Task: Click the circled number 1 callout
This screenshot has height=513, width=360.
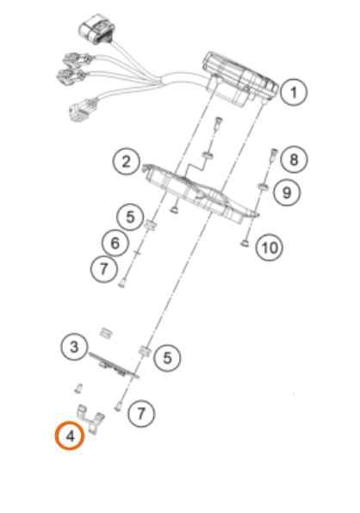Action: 294,92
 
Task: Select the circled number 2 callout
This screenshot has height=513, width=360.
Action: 127,162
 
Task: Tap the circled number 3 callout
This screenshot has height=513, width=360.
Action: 74,347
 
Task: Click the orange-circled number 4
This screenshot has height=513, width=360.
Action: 70,436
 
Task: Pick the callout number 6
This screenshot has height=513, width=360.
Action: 115,244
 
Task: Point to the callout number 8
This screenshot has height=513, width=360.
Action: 294,159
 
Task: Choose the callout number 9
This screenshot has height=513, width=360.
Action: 287,192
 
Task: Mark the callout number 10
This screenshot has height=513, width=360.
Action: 270,248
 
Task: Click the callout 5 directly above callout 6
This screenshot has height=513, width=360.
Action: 130,217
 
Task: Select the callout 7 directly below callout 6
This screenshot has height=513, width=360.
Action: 103,269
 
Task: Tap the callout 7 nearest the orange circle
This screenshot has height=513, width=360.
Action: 141,413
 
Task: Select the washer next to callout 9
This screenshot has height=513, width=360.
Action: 262,187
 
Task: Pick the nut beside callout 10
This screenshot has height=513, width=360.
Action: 244,243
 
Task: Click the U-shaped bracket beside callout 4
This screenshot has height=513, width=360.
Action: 90,420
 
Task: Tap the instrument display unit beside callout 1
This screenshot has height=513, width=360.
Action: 240,79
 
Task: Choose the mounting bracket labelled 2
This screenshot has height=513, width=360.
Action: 201,194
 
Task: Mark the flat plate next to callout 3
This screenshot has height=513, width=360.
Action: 114,366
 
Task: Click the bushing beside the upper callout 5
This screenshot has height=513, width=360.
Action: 150,225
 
